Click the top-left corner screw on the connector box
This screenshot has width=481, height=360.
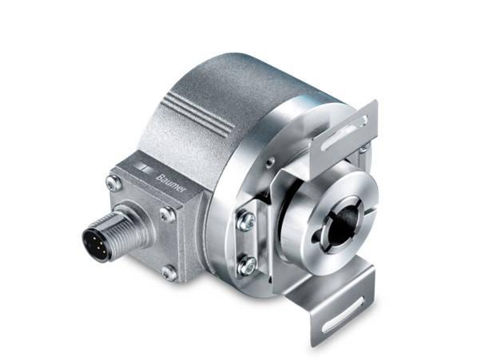click(113, 182)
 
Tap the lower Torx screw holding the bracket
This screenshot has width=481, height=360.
click(248, 264)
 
